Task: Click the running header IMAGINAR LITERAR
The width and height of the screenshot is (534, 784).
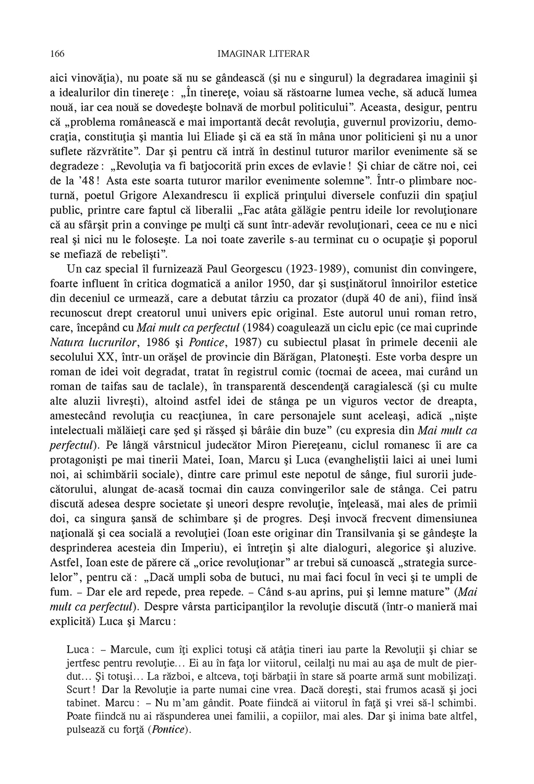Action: (263, 54)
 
